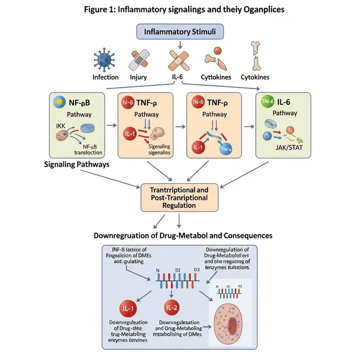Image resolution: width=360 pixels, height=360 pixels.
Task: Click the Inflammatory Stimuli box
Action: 180,32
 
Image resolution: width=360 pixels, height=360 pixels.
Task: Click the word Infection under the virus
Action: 105,77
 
